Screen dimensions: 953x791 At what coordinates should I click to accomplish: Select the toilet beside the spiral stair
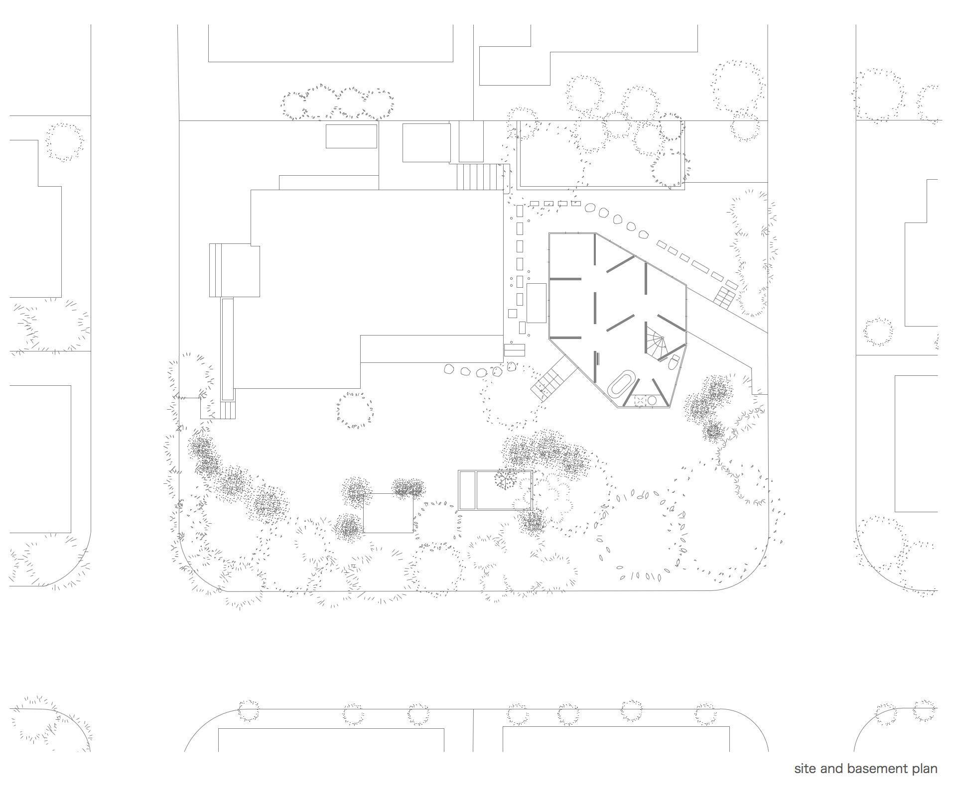tap(673, 362)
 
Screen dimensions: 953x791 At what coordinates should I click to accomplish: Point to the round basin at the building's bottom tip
tap(652, 400)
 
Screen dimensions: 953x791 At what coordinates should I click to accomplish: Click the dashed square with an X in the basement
tap(640, 400)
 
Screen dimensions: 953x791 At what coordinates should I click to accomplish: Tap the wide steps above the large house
tap(481, 176)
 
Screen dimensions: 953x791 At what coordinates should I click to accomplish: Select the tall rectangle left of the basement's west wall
tap(537, 303)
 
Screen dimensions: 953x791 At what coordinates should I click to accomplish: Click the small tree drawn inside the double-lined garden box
tap(505, 479)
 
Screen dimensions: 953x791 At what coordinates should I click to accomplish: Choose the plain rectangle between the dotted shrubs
tap(388, 513)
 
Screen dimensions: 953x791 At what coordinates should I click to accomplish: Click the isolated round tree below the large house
tap(354, 410)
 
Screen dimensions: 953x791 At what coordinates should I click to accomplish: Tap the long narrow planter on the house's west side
tap(227, 349)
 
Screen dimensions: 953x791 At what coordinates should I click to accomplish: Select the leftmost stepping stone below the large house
tap(450, 369)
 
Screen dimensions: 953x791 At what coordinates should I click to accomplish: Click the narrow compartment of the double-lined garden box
tap(467, 490)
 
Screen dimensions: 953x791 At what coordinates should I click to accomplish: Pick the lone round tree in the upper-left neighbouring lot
tap(65, 142)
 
